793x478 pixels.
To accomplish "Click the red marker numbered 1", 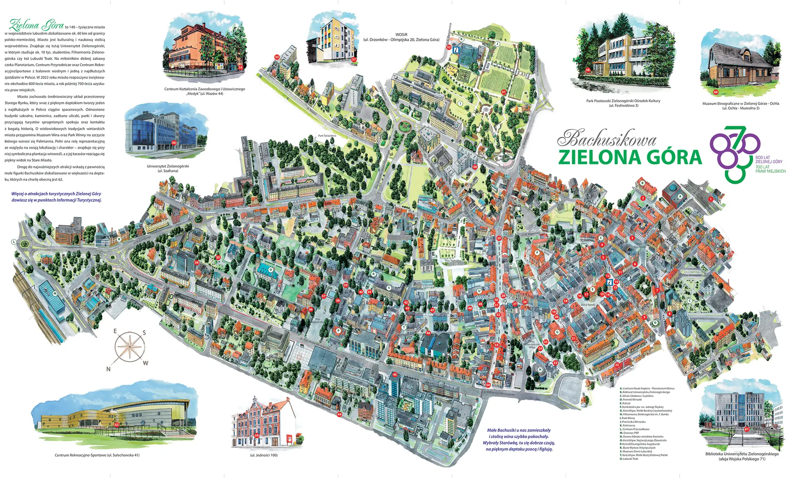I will [711, 199].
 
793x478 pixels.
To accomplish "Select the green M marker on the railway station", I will [55, 293].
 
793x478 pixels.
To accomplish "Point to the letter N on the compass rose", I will [108, 369].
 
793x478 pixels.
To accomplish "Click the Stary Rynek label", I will [588, 305].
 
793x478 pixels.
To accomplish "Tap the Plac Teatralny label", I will [453, 261].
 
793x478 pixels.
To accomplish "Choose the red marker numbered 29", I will [499, 239].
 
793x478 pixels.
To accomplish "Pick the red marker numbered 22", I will [617, 365].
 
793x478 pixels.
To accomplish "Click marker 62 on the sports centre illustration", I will [117, 425].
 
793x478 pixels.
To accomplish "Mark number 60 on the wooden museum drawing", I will [716, 92].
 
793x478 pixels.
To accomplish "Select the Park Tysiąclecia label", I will [327, 136].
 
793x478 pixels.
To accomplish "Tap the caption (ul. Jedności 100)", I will [264, 455].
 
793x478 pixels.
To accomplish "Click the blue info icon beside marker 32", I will [457, 50].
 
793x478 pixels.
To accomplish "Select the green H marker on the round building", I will [540, 370].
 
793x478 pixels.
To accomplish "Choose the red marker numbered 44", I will [340, 414].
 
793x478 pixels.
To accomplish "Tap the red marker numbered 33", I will [277, 57].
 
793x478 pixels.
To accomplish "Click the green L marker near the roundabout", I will [14, 242].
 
